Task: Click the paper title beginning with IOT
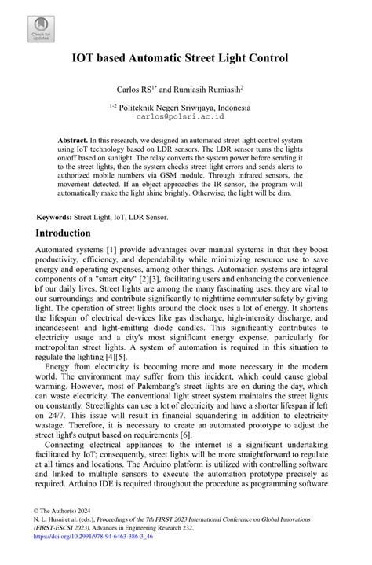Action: coord(185,58)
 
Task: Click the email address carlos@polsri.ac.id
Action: coord(181,116)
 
